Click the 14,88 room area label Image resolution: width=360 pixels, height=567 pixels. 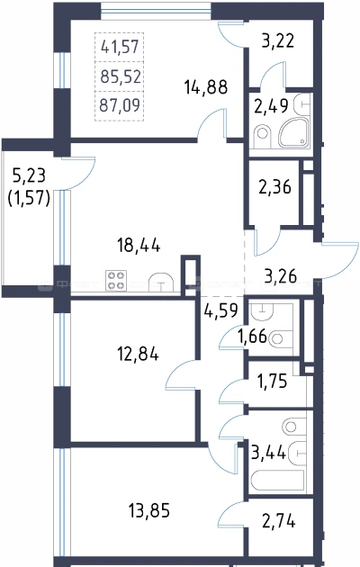pyautogui.click(x=206, y=87)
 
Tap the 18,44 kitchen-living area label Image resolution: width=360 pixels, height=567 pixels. pyautogui.click(x=139, y=247)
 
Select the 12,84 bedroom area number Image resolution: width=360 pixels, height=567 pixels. pyautogui.click(x=138, y=354)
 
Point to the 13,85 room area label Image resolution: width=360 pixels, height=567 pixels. pyautogui.click(x=148, y=511)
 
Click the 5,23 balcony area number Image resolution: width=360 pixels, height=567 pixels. pyautogui.click(x=29, y=175)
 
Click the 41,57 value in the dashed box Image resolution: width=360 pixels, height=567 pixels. pyautogui.click(x=120, y=47)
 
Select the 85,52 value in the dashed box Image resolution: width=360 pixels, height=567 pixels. pyautogui.click(x=121, y=77)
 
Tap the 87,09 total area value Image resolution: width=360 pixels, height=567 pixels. pyautogui.click(x=120, y=105)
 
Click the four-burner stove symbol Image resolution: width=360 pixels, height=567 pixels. pyautogui.click(x=116, y=281)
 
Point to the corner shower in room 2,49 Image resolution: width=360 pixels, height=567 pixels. pyautogui.click(x=294, y=132)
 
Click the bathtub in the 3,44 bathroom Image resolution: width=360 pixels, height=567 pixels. pyautogui.click(x=277, y=480)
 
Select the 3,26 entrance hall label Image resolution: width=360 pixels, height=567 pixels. pyautogui.click(x=281, y=276)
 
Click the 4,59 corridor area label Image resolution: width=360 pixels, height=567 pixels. pyautogui.click(x=220, y=310)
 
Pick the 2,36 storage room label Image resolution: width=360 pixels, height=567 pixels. pyautogui.click(x=274, y=187)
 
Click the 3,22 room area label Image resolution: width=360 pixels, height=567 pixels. pyautogui.click(x=277, y=40)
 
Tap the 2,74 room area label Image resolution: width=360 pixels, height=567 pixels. pyautogui.click(x=278, y=521)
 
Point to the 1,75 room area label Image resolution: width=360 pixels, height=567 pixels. pyautogui.click(x=272, y=381)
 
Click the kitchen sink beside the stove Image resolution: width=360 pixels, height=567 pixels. pyautogui.click(x=161, y=282)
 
